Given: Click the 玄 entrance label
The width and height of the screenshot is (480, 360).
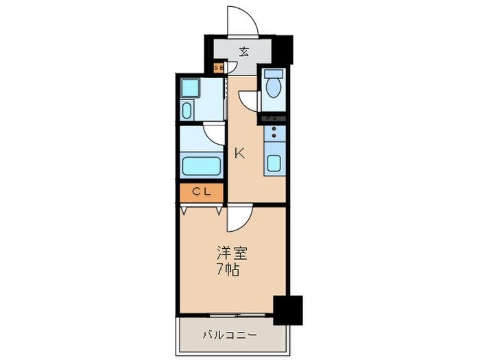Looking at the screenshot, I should point(244,51).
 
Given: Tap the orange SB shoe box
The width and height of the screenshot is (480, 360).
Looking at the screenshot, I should point(219,68).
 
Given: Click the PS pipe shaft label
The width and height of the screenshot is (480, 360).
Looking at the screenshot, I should point(272,119).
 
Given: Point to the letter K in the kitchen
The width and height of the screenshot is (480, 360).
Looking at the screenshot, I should point(240,153).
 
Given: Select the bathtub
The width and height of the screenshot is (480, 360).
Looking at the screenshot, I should point(201,166).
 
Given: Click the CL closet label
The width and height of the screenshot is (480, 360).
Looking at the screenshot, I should point(202,193).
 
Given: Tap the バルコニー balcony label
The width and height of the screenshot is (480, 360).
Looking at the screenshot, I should point(230,335).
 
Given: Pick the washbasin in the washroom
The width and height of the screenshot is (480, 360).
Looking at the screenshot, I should point(187,110).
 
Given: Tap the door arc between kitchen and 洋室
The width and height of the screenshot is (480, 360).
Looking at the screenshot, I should point(239,217).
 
